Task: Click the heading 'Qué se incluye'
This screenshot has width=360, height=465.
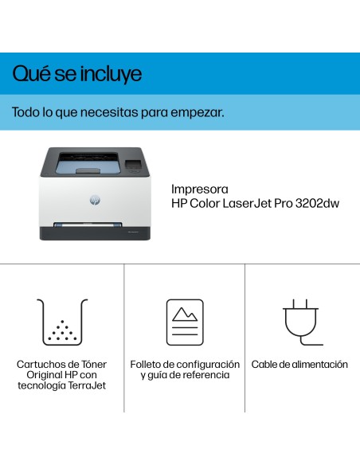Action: [x=77, y=75]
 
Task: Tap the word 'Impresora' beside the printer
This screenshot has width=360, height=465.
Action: [x=200, y=190]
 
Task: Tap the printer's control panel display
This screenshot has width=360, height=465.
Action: [x=134, y=166]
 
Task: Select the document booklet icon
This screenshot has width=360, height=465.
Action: [x=185, y=322]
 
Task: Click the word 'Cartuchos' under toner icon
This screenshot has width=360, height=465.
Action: [x=40, y=364]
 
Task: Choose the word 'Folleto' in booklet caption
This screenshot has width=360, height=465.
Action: [x=147, y=364]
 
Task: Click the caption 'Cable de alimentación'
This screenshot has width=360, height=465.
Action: [x=299, y=364]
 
